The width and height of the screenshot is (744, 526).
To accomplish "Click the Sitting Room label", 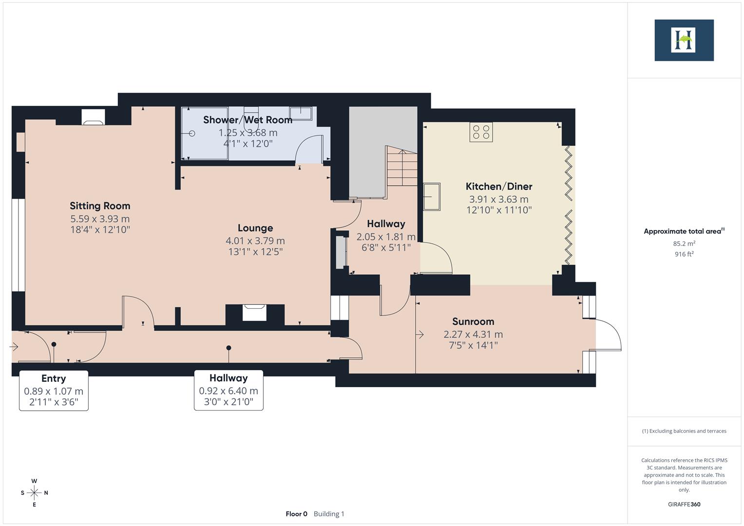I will (x=100, y=206).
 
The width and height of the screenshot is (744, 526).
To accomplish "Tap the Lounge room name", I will (x=255, y=228).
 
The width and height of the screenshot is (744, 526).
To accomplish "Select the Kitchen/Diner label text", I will (x=498, y=187).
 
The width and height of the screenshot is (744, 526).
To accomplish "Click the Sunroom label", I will (x=473, y=321).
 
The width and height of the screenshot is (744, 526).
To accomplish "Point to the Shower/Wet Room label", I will (x=248, y=120).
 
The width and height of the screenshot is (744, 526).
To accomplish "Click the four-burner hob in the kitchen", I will (x=481, y=132).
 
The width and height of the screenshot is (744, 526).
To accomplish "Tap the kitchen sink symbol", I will (x=432, y=197).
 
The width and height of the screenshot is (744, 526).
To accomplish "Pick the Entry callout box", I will (x=54, y=390).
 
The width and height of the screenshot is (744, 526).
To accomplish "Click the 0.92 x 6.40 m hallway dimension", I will (x=229, y=391).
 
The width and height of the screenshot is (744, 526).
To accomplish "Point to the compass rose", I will (x=34, y=493).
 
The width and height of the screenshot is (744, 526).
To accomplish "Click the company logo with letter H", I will (x=684, y=40).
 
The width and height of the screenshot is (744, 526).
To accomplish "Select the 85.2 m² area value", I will (x=684, y=244).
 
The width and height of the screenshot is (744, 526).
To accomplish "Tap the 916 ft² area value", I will (x=684, y=254).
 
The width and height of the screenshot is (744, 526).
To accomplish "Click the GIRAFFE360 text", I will (x=684, y=504).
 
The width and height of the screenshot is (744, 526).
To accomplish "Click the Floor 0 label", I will (x=296, y=514).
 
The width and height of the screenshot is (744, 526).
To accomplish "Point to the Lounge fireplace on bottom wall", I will (x=254, y=312).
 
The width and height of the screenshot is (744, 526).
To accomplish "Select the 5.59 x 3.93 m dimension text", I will (x=100, y=219).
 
